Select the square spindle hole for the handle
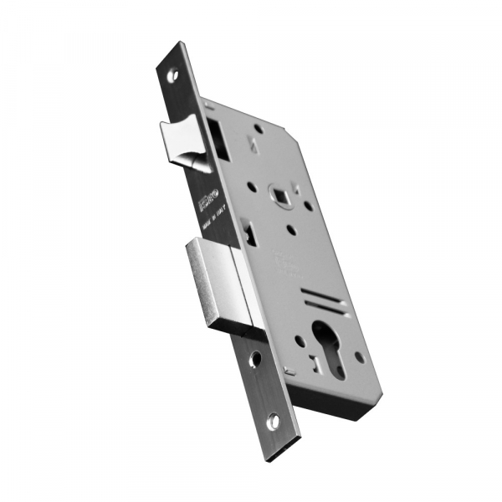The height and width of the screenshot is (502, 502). pos(279,195)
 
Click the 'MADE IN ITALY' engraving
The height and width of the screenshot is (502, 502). pos(215,232)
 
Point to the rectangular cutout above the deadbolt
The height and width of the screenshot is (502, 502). pos(248,228)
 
